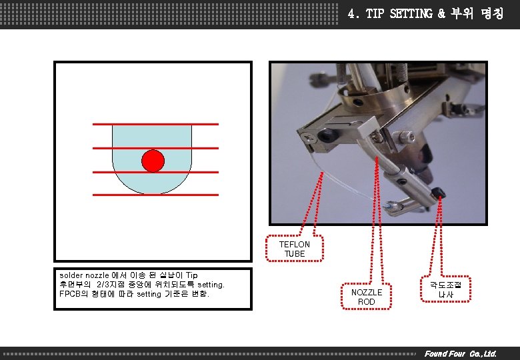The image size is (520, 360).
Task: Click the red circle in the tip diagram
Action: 153,161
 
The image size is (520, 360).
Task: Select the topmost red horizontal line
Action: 155,124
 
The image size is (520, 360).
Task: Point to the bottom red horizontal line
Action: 155,195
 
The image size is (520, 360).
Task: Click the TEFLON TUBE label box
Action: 294,249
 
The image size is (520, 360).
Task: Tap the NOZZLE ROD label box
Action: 367,297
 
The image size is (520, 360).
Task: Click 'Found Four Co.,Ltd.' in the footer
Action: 461,353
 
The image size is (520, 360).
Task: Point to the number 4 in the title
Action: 352,13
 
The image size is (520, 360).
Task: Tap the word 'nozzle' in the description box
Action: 100,275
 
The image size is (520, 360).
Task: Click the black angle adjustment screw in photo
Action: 439,192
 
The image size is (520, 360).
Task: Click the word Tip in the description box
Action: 191,275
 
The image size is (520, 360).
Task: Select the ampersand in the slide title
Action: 442,13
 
